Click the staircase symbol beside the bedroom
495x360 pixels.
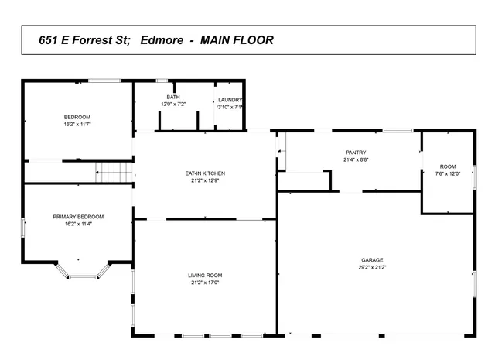click(x=114, y=172)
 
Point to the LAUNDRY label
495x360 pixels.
click(x=230, y=100)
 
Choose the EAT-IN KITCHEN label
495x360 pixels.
click(x=205, y=173)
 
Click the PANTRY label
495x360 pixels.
click(x=356, y=153)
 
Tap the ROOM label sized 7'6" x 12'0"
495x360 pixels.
click(x=449, y=166)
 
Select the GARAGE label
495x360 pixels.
click(x=372, y=260)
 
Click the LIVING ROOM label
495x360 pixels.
click(x=205, y=276)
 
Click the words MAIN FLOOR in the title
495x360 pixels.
click(x=236, y=39)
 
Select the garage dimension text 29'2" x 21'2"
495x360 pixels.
click(x=372, y=267)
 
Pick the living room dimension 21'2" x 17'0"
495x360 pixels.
click(x=205, y=283)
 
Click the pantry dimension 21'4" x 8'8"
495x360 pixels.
click(x=356, y=159)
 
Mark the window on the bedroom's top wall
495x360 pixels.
click(x=104, y=81)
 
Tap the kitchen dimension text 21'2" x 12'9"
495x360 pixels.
click(x=205, y=180)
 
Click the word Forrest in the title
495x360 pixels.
click(x=102, y=39)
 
